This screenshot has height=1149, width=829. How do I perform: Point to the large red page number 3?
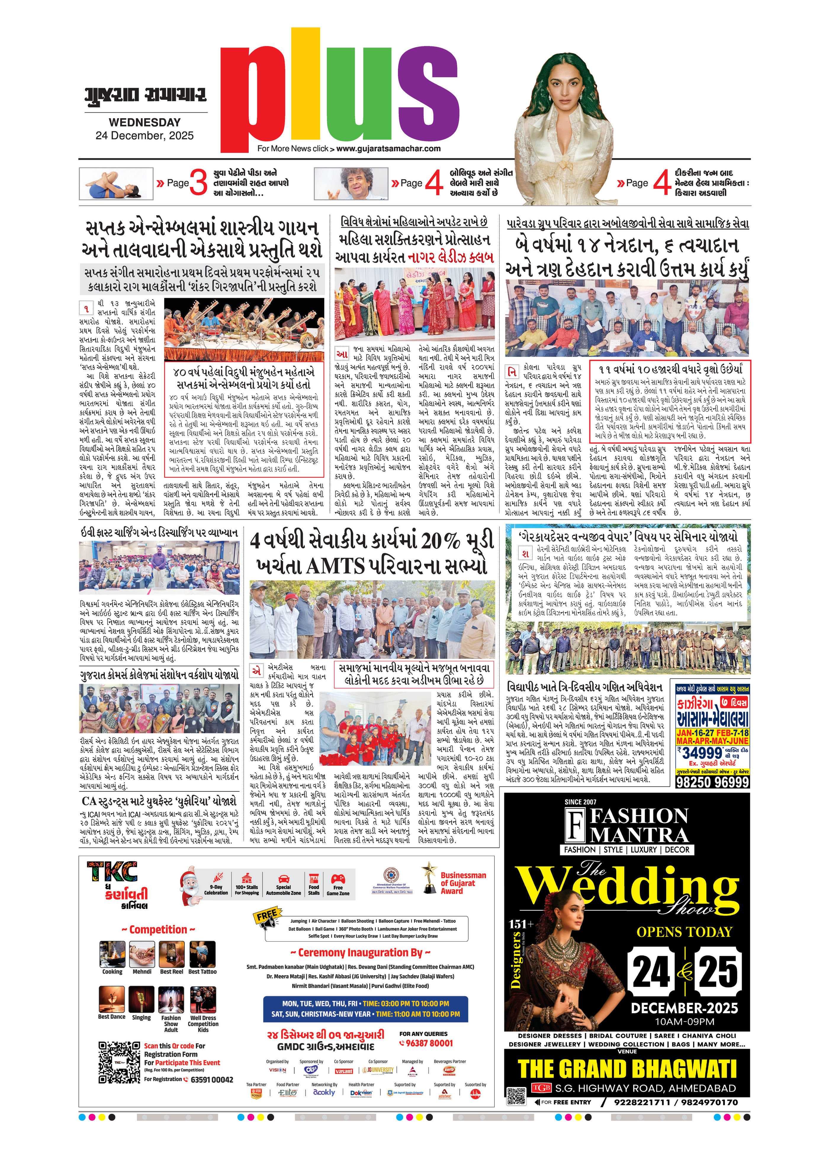198,182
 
